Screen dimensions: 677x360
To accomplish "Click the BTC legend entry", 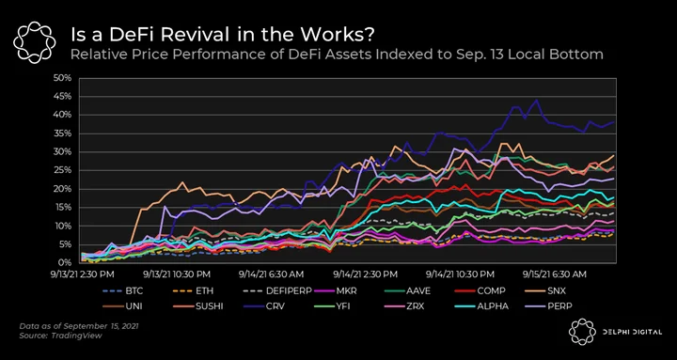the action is [x=122, y=291].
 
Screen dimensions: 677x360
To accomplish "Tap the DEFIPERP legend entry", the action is [x=277, y=291].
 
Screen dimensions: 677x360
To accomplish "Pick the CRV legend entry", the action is [x=264, y=306].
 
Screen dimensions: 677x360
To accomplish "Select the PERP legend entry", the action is [x=549, y=306].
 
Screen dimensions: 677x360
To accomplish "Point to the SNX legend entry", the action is [x=545, y=291].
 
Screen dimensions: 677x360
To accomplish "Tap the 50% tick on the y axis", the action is [x=63, y=78].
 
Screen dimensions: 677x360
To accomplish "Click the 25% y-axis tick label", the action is [x=63, y=170].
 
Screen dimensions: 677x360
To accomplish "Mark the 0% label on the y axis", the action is [x=64, y=262].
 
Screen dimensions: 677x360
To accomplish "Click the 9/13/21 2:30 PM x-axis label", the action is [x=83, y=274].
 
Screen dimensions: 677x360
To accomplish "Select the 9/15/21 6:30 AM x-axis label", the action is [x=555, y=274].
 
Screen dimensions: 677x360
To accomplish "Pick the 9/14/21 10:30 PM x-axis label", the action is [x=460, y=274].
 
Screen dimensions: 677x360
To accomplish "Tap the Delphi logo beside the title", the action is [x=34, y=42].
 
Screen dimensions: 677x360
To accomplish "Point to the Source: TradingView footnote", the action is [x=60, y=336].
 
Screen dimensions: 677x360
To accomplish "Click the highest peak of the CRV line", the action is [x=537, y=100].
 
